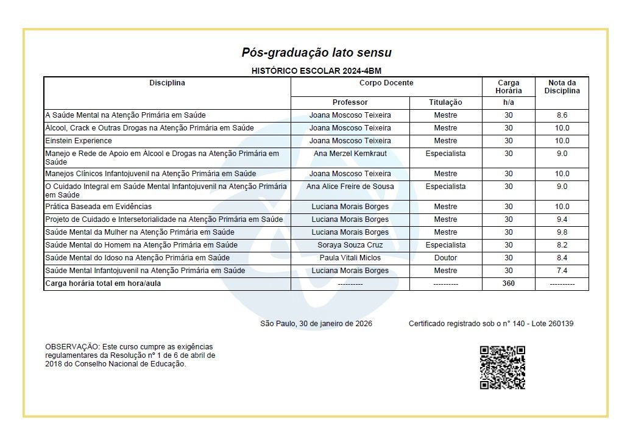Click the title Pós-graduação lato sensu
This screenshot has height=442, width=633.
(x=316, y=52)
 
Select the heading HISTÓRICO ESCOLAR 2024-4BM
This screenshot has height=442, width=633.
(x=316, y=71)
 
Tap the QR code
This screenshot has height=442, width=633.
(x=502, y=368)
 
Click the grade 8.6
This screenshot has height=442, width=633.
(x=562, y=115)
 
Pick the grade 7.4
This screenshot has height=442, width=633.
(x=562, y=271)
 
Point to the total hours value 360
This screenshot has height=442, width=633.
(x=508, y=283)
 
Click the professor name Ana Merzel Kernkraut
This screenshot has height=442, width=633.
(x=350, y=154)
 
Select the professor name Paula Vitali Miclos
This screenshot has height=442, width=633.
(x=350, y=258)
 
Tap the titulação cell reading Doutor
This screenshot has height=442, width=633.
(x=445, y=258)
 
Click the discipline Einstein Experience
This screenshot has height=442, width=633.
(x=79, y=141)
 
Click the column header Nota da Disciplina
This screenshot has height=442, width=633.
(x=562, y=87)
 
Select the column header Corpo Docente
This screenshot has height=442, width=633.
(x=386, y=83)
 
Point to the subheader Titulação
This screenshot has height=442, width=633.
(x=445, y=102)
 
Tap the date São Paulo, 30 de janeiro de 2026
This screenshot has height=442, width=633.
(x=316, y=324)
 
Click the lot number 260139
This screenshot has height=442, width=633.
(x=559, y=324)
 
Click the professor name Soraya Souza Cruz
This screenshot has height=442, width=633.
(x=350, y=245)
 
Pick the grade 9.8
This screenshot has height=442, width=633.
(x=562, y=232)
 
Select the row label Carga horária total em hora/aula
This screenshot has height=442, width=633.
(x=103, y=283)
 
